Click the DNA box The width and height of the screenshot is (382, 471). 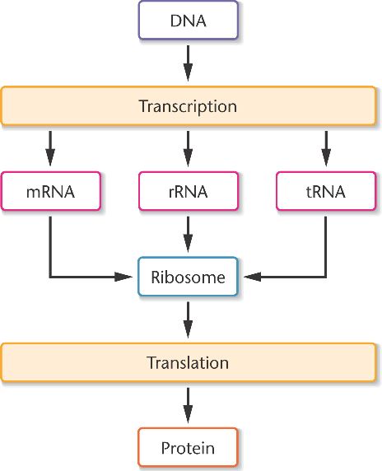coord(189,20)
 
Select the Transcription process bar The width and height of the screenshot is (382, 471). coord(189,105)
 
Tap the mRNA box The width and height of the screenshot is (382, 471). coord(51,191)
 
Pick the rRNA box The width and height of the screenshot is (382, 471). coord(189,191)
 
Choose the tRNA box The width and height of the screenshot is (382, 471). coord(326,191)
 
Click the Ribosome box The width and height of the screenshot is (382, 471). coord(189,277)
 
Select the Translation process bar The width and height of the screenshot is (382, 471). coord(189,362)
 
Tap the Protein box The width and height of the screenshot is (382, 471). coord(189,448)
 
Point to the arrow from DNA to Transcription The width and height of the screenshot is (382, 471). coord(188,63)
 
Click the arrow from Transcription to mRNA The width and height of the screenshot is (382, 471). coord(50,148)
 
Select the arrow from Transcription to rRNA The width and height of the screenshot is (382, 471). coord(188,148)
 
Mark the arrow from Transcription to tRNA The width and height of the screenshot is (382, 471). coord(326,148)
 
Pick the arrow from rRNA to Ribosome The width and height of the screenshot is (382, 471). coord(188,235)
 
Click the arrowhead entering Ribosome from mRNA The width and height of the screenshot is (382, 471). coord(123,277)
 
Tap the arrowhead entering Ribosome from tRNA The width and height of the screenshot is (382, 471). coord(252,277)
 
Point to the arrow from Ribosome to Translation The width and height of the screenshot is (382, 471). coord(188,320)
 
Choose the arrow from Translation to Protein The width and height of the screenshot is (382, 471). coord(188,405)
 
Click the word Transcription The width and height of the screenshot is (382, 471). coord(188,107)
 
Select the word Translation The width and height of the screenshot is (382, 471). coord(188,362)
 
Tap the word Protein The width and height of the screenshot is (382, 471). coord(188,448)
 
